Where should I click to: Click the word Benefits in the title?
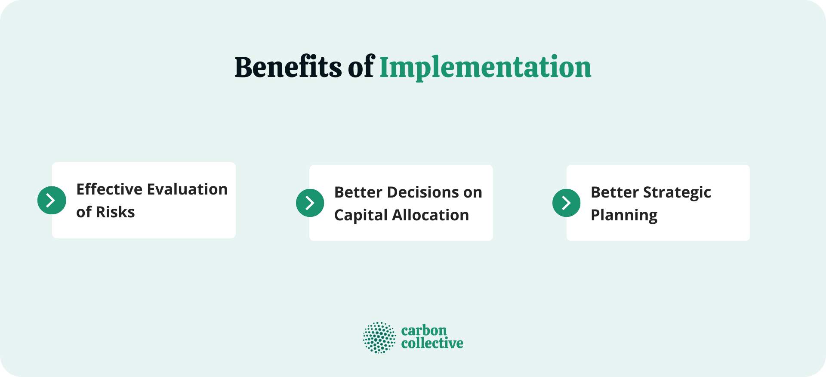point(288,67)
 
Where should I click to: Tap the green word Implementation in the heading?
point(485,68)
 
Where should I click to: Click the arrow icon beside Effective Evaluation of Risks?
point(52,200)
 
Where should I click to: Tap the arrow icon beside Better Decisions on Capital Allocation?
point(310,203)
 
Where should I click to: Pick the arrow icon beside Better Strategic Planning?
point(566,203)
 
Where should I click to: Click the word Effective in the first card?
point(109,189)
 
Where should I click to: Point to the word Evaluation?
point(187,189)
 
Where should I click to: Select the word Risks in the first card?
point(115,212)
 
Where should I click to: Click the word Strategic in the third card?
point(677,193)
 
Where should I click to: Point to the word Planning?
point(624,215)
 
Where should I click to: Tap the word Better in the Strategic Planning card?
point(614,192)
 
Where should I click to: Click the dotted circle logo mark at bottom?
point(379,337)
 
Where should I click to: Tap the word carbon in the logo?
point(424,331)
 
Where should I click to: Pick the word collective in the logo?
point(432,343)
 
